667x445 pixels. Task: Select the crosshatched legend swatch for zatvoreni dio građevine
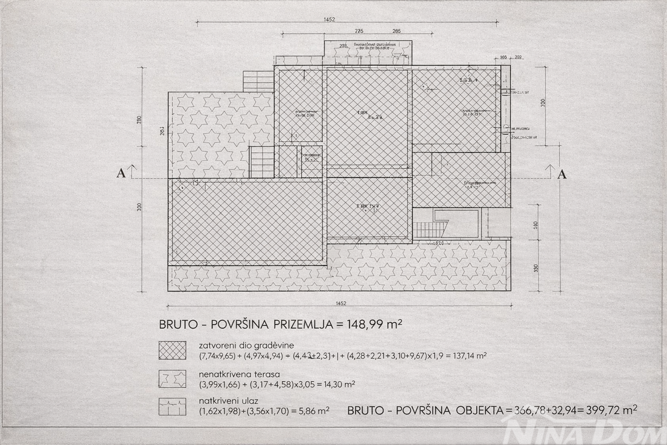172,350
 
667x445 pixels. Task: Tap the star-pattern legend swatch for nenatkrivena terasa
172,379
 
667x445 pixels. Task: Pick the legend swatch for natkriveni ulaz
172,407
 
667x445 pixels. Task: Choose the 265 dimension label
396,31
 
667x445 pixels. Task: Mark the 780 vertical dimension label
140,120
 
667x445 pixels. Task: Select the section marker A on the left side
121,174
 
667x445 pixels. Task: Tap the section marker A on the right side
562,174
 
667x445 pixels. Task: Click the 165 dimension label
504,57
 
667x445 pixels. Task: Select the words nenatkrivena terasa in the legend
231,373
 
